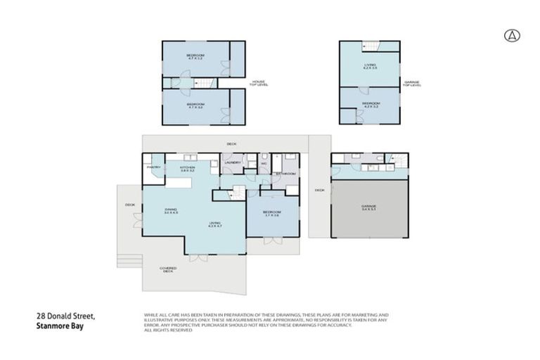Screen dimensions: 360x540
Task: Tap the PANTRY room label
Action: tap(154, 167)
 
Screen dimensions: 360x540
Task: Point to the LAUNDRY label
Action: tap(232, 162)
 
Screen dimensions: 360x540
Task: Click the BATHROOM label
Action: tap(285, 173)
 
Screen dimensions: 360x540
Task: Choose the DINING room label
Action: tap(171, 210)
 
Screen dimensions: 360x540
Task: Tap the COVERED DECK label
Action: tap(167, 269)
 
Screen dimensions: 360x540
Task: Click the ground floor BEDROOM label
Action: tap(272, 213)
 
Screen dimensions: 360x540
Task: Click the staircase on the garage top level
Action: tap(371, 46)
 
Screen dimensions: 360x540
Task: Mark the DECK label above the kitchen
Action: tap(231, 144)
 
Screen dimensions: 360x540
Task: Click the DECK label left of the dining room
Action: tap(129, 205)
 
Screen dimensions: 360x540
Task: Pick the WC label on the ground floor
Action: tap(264, 163)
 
